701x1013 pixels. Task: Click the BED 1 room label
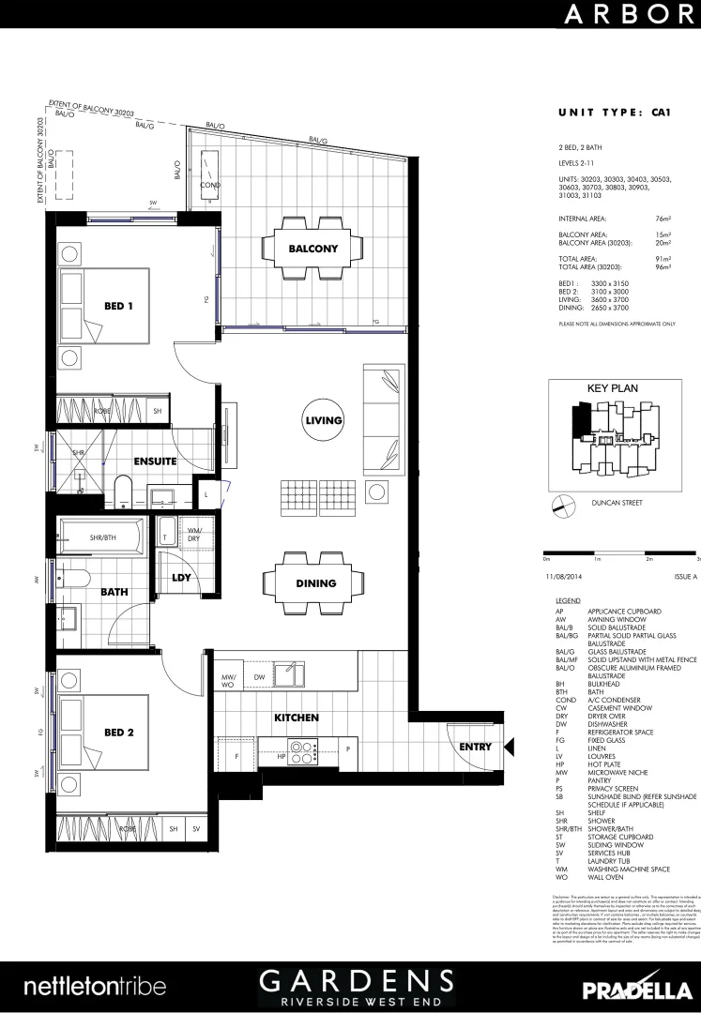119,306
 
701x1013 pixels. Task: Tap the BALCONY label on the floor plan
313,249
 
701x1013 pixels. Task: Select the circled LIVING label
323,420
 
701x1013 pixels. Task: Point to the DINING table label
316,583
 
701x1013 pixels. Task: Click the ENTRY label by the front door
475,747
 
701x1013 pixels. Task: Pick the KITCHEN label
297,718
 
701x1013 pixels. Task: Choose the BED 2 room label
119,732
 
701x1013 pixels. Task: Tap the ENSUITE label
155,461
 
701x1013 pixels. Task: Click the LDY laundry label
181,577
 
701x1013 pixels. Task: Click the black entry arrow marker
510,747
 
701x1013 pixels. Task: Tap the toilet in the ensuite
121,491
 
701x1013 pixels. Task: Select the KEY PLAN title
612,387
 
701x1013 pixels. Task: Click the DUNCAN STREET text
617,502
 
